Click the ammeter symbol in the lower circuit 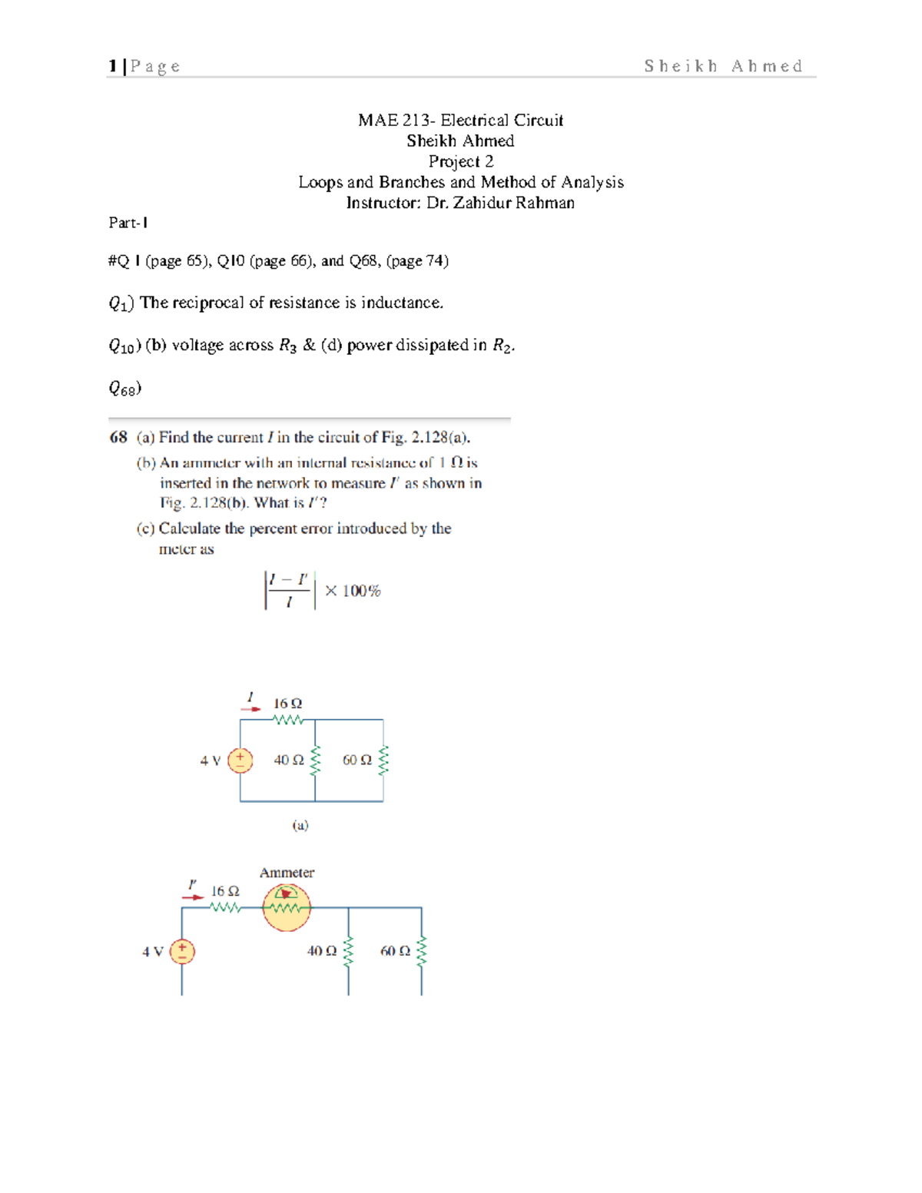point(287,907)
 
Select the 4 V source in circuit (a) point(240,760)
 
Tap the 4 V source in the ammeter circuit point(182,952)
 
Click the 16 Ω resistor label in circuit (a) point(288,704)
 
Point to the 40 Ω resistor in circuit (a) point(314,760)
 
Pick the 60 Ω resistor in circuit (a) point(383,760)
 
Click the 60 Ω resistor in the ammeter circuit point(421,952)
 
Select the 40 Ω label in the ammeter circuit point(322,951)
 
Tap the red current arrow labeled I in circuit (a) point(250,708)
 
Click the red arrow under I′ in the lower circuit point(193,896)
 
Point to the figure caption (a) point(300,825)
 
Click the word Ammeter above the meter point(287,873)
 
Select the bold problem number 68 point(118,437)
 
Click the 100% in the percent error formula point(361,591)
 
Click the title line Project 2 point(461,161)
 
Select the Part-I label point(128,223)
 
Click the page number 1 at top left point(112,66)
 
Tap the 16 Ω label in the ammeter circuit point(225,891)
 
